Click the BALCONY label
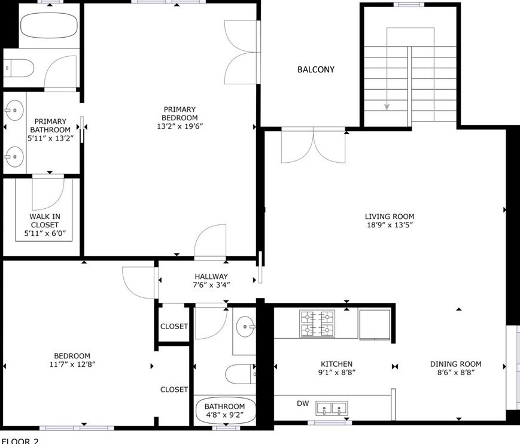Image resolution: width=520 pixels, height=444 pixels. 316,69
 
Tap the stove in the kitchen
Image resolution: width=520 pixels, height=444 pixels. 317,323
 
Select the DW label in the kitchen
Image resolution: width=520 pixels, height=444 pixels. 303,403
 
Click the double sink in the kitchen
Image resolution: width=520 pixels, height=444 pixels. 332,408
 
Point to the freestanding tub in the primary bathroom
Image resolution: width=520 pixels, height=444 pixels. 49,25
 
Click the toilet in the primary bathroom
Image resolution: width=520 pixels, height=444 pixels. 19,68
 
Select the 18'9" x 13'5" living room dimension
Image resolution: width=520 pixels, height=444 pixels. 390,225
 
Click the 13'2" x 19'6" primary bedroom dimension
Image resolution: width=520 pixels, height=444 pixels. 180,126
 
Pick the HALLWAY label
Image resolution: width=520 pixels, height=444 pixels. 211,276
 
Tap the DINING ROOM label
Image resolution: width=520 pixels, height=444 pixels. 455,364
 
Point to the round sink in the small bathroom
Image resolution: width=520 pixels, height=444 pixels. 246,327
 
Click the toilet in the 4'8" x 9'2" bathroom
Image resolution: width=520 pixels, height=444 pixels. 241,374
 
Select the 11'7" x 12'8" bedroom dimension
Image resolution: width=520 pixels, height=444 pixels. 72,364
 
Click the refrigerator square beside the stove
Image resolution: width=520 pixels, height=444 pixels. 375,325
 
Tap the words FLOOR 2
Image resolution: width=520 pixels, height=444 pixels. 20,440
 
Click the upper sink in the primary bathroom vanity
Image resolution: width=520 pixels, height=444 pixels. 14,111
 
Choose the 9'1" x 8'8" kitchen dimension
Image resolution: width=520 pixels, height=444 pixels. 337,372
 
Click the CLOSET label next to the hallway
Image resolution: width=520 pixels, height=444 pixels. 174,327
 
